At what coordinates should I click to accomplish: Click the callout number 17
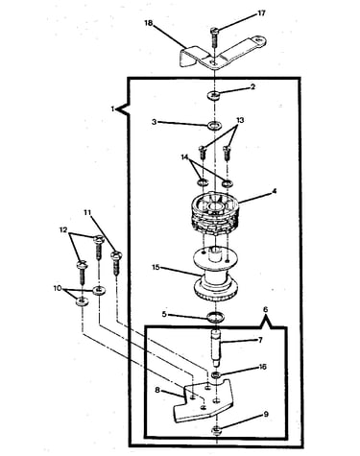pos(261,13)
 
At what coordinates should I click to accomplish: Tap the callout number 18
pos(149,23)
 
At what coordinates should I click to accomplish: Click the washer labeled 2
pos(214,95)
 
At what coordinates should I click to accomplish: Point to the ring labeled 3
pos(214,125)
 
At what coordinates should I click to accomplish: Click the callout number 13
pos(240,120)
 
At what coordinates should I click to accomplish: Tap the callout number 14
pos(184,157)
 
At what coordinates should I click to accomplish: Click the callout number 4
pos(275,191)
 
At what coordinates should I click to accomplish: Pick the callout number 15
pos(156,267)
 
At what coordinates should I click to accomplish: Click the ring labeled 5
pos(215,318)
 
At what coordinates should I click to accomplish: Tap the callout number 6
pos(265,309)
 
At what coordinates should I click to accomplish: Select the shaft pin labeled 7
pos(216,348)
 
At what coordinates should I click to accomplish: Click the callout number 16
pos(262,367)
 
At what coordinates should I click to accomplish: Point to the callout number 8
pos(157,390)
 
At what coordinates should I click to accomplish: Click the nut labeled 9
pos(217,431)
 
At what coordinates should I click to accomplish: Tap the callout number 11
pos(87,212)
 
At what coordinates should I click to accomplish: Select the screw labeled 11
pos(116,264)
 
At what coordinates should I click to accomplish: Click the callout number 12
pos(63,229)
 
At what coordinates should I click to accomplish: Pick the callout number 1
pos(112,109)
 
